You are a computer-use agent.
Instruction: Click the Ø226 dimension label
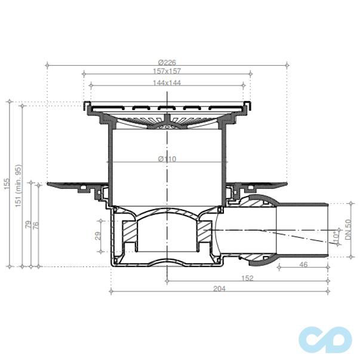pos(167,62)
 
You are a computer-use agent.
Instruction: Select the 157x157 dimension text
pos(167,71)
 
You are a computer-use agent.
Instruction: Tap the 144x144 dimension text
pos(167,83)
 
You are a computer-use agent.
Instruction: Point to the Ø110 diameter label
pos(167,159)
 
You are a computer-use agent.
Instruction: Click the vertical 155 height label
pos(7,183)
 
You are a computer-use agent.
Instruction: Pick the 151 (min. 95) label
pos(19,185)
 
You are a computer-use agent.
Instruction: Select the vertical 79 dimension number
pos(28,224)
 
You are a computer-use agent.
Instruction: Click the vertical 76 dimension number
pos(36,224)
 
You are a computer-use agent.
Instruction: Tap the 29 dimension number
pos(99,236)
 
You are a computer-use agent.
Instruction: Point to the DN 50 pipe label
pos(349,230)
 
